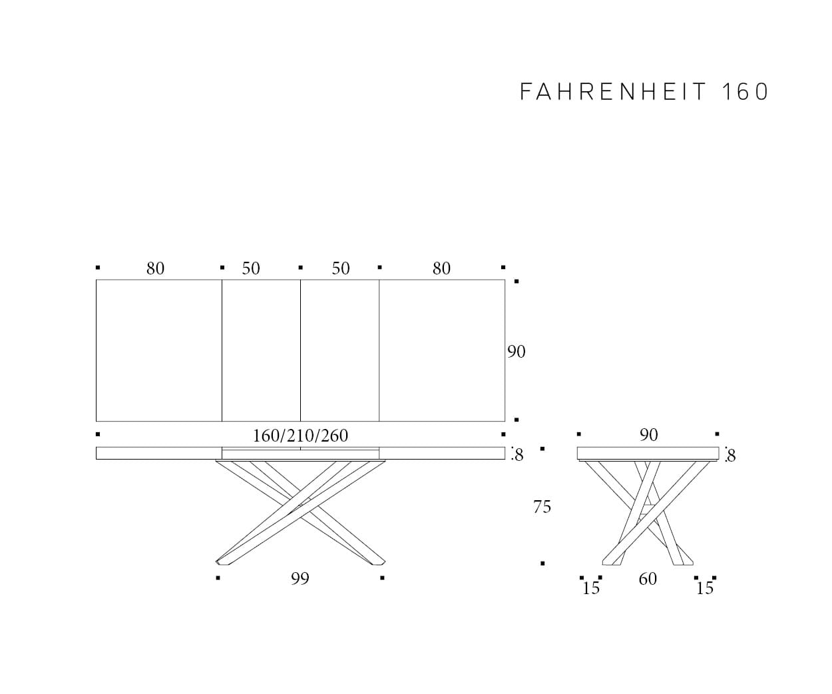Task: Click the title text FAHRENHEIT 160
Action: (644, 92)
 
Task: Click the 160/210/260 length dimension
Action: (300, 436)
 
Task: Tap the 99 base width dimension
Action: (300, 579)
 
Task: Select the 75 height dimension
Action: (542, 507)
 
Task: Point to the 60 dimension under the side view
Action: (648, 579)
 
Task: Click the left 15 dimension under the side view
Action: (591, 588)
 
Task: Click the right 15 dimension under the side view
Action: (705, 588)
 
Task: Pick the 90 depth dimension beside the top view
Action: (517, 352)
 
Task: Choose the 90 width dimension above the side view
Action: (648, 435)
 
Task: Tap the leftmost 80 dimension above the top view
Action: (155, 268)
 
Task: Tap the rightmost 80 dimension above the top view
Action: (441, 268)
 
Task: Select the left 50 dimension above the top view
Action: (251, 268)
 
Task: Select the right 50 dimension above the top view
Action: (341, 268)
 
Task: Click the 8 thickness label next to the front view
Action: (519, 456)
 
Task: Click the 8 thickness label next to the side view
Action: (731, 456)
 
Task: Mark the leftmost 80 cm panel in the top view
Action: (159, 350)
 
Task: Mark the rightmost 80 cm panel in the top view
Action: (442, 350)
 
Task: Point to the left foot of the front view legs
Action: (222, 561)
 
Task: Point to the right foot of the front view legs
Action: (379, 561)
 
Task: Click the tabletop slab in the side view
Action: (648, 453)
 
